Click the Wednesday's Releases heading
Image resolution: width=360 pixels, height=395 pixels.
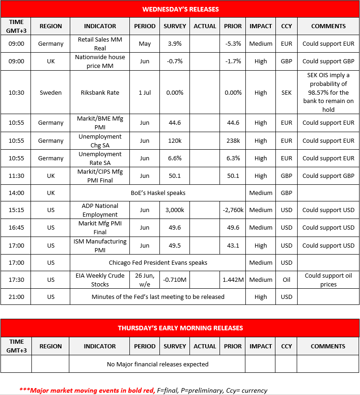click(180, 9)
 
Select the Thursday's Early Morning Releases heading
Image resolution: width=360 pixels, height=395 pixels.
click(180, 328)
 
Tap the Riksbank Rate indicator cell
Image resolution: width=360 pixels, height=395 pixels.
click(100, 92)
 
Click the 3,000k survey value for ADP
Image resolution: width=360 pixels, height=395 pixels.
click(175, 210)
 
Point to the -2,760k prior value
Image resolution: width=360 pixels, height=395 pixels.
click(233, 210)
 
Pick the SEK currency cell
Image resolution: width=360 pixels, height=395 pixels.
click(287, 92)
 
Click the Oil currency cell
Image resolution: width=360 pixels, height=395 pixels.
click(287, 280)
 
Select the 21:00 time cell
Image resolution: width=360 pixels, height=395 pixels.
click(16, 297)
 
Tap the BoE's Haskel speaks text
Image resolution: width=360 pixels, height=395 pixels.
click(158, 193)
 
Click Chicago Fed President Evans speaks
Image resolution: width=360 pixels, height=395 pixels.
click(158, 262)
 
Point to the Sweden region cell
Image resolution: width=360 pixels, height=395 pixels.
click(51, 92)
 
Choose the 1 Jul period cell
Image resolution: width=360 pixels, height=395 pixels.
click(145, 92)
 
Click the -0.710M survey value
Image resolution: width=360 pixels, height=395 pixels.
click(175, 280)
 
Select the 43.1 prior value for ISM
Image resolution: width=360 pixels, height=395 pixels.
click(233, 245)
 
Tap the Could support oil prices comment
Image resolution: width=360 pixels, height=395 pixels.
click(328, 280)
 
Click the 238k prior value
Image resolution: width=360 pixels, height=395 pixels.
click(233, 140)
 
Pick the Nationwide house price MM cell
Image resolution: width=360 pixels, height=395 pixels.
click(100, 61)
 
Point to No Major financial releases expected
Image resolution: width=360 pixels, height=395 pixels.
click(158, 364)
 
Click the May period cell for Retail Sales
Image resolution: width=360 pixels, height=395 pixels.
click(145, 44)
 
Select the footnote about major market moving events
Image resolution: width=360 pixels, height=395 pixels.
click(143, 390)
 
